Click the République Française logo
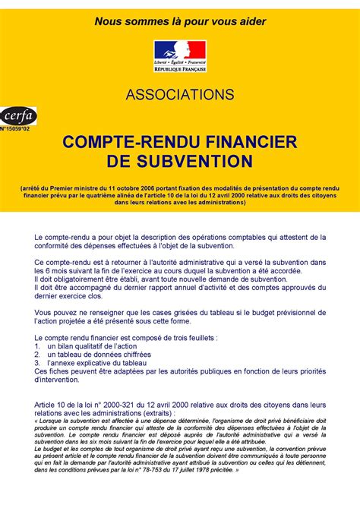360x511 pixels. pyautogui.click(x=180, y=55)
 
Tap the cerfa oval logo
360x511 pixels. pyautogui.click(x=17, y=116)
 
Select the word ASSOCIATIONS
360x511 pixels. pyautogui.click(x=180, y=95)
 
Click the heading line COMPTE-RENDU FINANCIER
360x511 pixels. pyautogui.click(x=180, y=142)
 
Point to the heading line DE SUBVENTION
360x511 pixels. pyautogui.click(x=180, y=161)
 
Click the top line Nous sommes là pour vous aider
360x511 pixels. pyautogui.click(x=180, y=21)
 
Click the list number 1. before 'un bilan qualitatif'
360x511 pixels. pyautogui.click(x=37, y=345)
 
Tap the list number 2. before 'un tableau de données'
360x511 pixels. pyautogui.click(x=37, y=354)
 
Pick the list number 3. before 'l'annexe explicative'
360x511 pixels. pyautogui.click(x=37, y=363)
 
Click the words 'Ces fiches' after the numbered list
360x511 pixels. pyautogui.click(x=52, y=371)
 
